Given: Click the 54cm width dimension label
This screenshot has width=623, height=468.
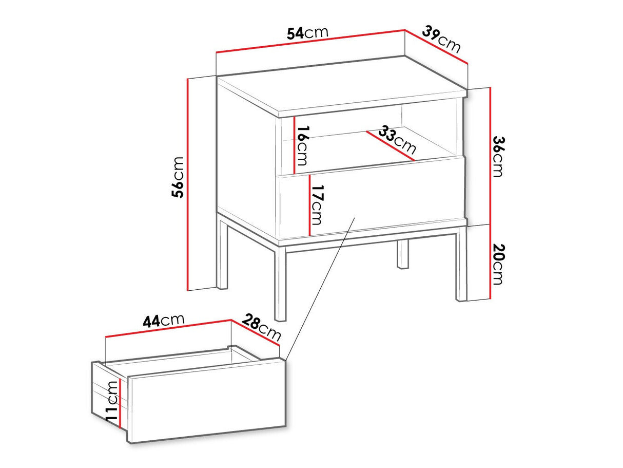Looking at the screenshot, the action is click(x=307, y=33).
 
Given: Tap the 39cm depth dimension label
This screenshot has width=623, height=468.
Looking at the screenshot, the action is click(x=441, y=40).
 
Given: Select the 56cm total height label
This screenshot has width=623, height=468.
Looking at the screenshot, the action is click(x=178, y=177).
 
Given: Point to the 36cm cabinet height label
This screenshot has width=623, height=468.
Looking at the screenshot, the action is click(x=498, y=157).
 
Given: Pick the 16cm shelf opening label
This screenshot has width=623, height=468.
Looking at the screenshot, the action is click(x=302, y=146).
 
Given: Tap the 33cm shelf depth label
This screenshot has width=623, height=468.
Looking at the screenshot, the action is click(x=397, y=139).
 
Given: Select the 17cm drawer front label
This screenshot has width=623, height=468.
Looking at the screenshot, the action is click(x=317, y=205).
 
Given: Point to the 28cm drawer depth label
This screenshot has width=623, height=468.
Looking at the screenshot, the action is click(x=261, y=327).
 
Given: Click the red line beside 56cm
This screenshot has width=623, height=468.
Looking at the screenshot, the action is click(x=188, y=184).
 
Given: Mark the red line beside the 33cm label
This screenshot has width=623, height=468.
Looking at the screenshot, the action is click(x=390, y=146).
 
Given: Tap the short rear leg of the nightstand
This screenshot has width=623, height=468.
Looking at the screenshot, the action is click(x=402, y=254).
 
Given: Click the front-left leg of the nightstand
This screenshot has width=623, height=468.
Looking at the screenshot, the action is click(x=280, y=284).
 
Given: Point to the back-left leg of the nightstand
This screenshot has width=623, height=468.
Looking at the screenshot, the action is click(x=222, y=254).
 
